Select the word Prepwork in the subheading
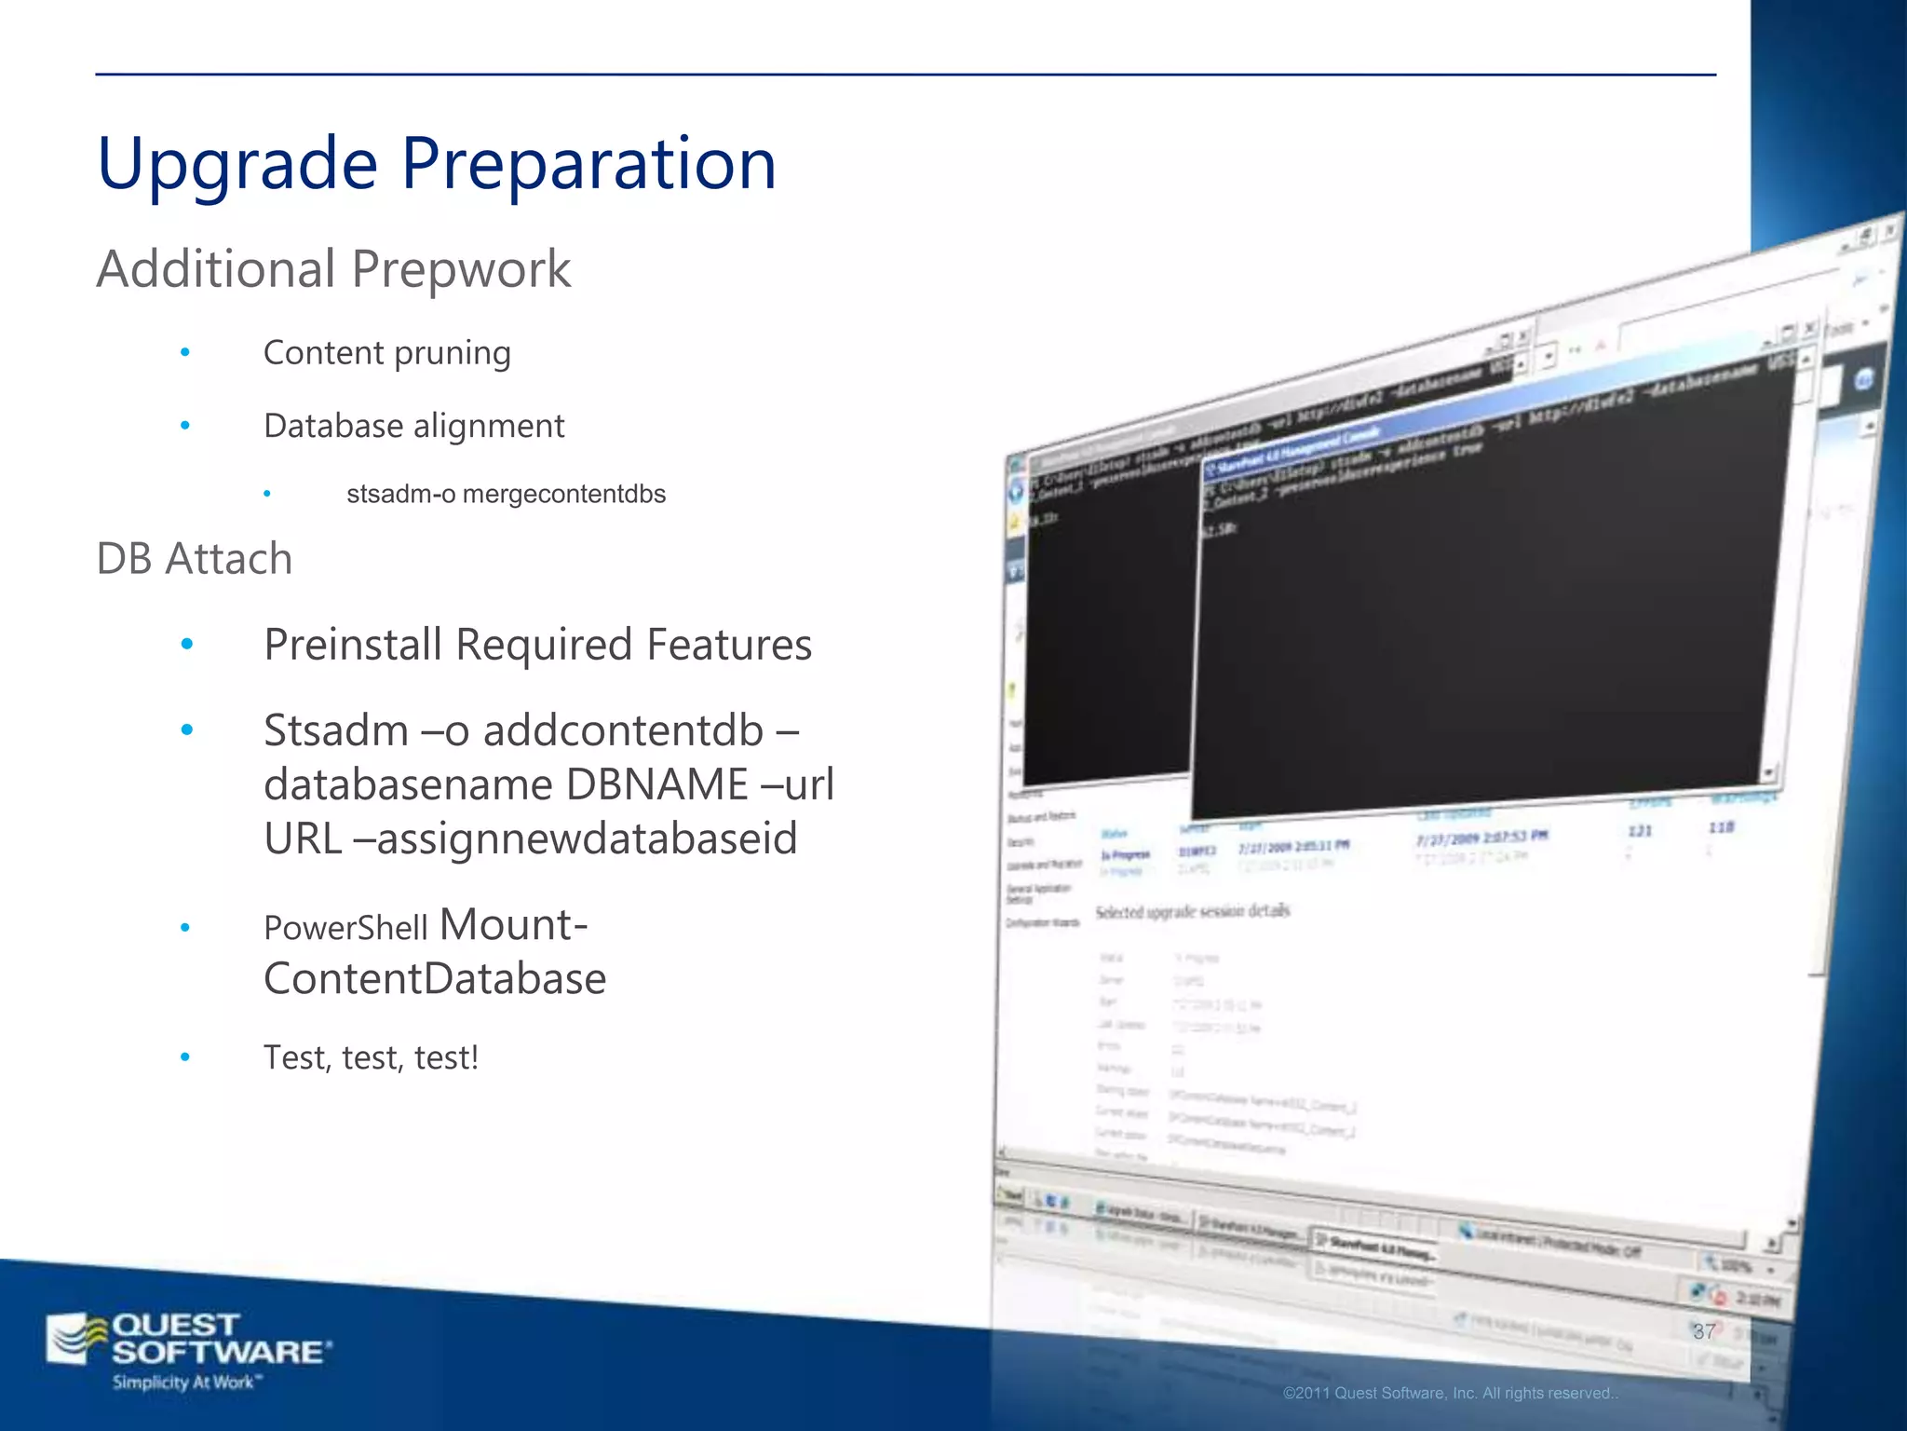point(461,270)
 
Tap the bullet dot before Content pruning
point(185,352)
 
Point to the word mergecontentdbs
point(563,494)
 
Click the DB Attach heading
point(195,559)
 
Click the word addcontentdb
point(623,730)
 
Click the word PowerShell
point(345,928)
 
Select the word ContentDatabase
point(435,979)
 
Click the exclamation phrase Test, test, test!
point(371,1057)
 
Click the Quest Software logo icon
point(76,1339)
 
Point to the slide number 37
point(1703,1331)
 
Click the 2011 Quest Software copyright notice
point(1450,1394)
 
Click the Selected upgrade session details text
point(1192,911)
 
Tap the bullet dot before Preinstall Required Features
point(187,644)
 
